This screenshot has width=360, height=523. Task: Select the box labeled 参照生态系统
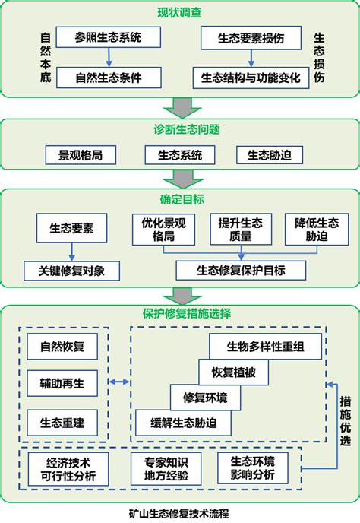pos(108,36)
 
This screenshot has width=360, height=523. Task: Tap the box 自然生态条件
pos(108,77)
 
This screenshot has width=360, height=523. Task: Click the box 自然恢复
pos(62,346)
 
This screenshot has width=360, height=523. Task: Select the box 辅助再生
pos(62,382)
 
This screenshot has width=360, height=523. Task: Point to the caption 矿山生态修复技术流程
pos(179,513)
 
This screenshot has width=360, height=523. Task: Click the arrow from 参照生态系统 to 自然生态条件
pos(108,56)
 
